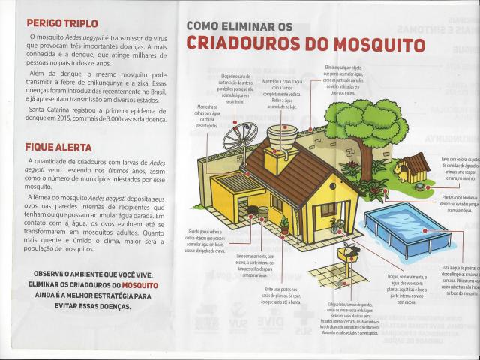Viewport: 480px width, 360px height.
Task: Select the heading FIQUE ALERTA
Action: tap(58, 148)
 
